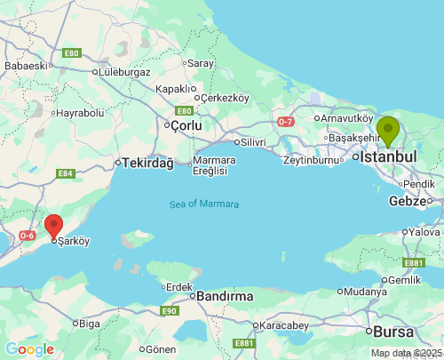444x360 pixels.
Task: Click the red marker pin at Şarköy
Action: coord(54,227)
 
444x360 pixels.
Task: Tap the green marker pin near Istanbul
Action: coord(388,131)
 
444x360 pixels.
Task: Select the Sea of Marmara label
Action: coord(204,204)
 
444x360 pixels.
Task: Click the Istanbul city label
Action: coord(389,156)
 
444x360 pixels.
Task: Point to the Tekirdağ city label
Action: coord(147,163)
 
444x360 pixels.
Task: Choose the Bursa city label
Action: coord(394,332)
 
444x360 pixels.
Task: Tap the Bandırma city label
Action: coord(225,295)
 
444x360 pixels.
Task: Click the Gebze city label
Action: coord(408,201)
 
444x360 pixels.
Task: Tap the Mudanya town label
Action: coord(367,291)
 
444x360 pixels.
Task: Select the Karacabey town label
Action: coord(284,326)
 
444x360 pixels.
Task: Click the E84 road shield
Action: coord(66,174)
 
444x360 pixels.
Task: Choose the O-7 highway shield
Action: coord(286,121)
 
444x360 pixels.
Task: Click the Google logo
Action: coord(29,349)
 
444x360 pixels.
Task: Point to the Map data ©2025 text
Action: coord(405,353)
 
